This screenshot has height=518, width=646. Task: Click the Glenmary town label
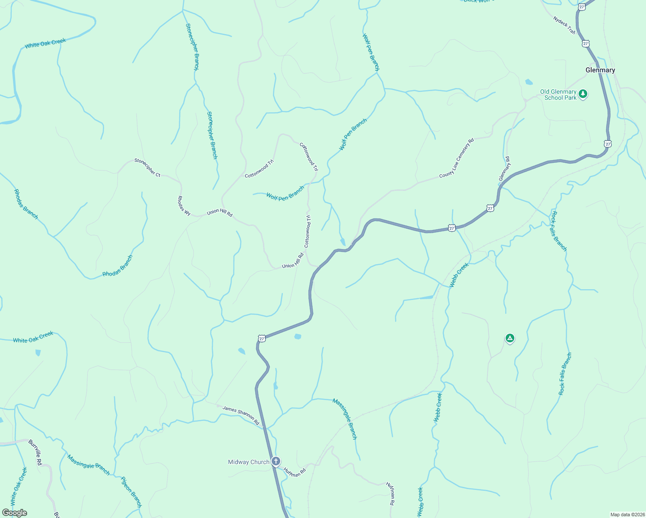click(600, 70)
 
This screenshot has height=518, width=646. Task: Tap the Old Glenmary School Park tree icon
click(583, 94)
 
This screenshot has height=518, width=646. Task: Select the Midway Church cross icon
click(276, 462)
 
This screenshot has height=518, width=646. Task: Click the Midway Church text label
click(249, 462)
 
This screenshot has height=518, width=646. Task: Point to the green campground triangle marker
click(510, 338)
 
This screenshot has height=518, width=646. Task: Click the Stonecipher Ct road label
click(147, 167)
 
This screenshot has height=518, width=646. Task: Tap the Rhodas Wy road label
click(184, 205)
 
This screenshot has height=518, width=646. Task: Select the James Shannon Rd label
click(241, 415)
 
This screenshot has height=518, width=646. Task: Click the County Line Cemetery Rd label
click(456, 158)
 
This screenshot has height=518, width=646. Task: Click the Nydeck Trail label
click(564, 25)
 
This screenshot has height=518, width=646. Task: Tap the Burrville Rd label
click(35, 452)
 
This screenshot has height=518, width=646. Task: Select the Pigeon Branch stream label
click(131, 492)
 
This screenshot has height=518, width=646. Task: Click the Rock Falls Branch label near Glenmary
click(559, 231)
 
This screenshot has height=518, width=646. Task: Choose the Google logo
click(15, 513)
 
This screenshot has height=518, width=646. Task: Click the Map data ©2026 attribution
click(627, 515)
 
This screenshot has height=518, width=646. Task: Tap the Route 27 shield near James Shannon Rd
click(262, 339)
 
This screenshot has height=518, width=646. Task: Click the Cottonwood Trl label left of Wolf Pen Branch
click(259, 169)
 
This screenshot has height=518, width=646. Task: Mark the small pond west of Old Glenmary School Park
click(529, 82)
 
